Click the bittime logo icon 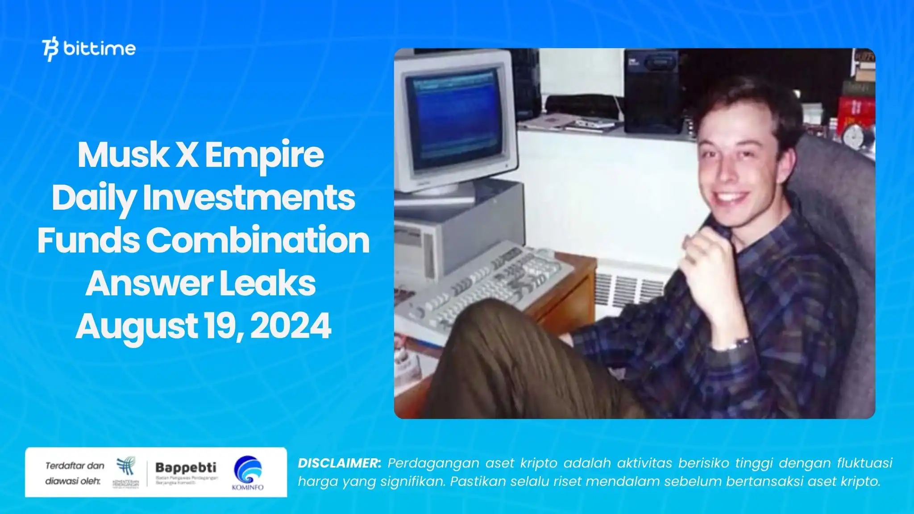(x=50, y=50)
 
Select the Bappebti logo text (x=186, y=468)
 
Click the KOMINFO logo (x=248, y=473)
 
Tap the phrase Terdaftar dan (x=75, y=466)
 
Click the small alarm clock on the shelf (x=855, y=137)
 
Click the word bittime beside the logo (x=100, y=49)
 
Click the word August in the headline (x=136, y=326)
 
